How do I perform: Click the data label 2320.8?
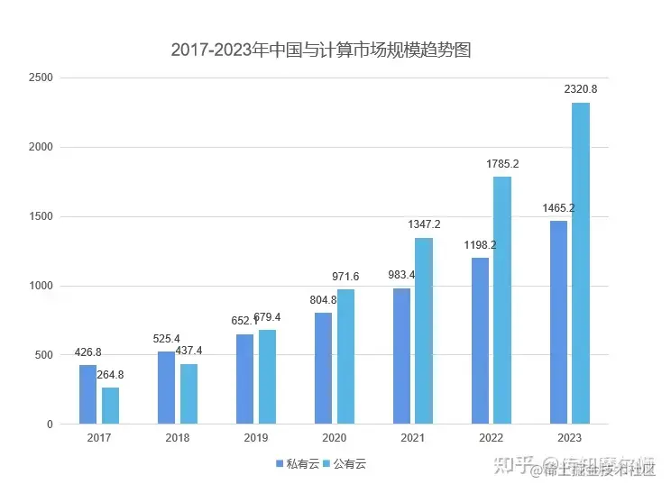[581, 89]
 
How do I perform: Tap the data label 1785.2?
[503, 164]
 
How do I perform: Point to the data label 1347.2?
[424, 224]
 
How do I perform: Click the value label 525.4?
[166, 339]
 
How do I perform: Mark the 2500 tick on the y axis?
[41, 78]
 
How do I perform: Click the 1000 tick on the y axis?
[41, 286]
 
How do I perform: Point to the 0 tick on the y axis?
[50, 425]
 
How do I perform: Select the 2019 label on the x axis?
[256, 438]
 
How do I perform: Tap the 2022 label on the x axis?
[492, 438]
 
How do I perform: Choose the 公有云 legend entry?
[345, 464]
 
